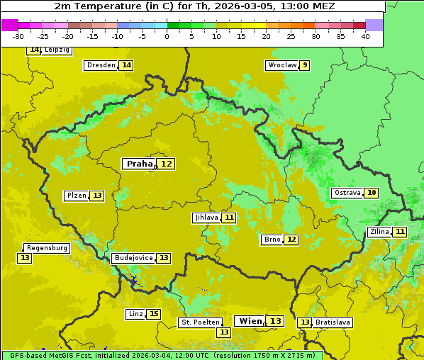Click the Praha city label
point(139,164)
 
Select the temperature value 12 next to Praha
point(167,164)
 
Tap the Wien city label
point(250,321)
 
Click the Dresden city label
point(101,65)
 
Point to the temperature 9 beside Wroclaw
point(304,65)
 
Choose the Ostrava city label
point(347,193)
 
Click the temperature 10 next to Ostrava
point(371,193)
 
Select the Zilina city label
point(379,232)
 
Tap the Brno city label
point(272,240)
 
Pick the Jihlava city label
point(206,218)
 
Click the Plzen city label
point(76,196)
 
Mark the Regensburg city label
point(47,248)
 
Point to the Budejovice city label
point(133,258)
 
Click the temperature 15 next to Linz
point(153,314)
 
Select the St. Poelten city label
point(200,322)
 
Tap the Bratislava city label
point(333,322)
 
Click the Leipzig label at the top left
point(57,50)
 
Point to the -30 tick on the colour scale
point(18,36)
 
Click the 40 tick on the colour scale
point(365,36)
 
